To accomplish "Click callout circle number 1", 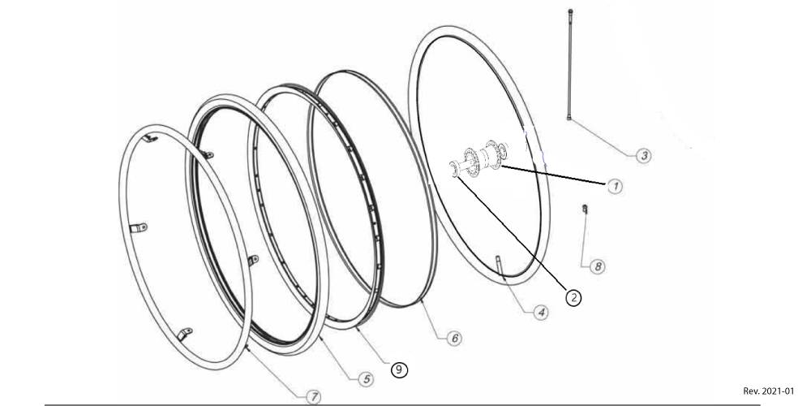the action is [x=615, y=187].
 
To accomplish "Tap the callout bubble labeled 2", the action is [x=573, y=297].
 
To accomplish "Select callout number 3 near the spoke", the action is [x=643, y=155].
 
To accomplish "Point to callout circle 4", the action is [x=541, y=313].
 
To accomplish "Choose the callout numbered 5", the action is [x=367, y=379].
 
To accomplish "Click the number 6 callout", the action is [x=454, y=338].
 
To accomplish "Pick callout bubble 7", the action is [x=313, y=397].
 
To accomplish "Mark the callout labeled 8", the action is [x=598, y=266].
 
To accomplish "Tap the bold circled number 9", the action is [x=399, y=369].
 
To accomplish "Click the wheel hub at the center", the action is [x=479, y=158].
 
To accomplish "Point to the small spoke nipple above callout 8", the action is [x=585, y=209].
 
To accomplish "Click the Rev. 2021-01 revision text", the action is [x=768, y=391].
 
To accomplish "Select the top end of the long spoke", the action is [x=570, y=11].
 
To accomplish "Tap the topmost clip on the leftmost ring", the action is [x=150, y=138].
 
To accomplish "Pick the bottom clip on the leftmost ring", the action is [x=185, y=334].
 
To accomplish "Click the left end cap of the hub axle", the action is [x=455, y=169].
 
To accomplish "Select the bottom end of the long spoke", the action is [x=569, y=118].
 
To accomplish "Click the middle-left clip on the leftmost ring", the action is [x=138, y=228].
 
